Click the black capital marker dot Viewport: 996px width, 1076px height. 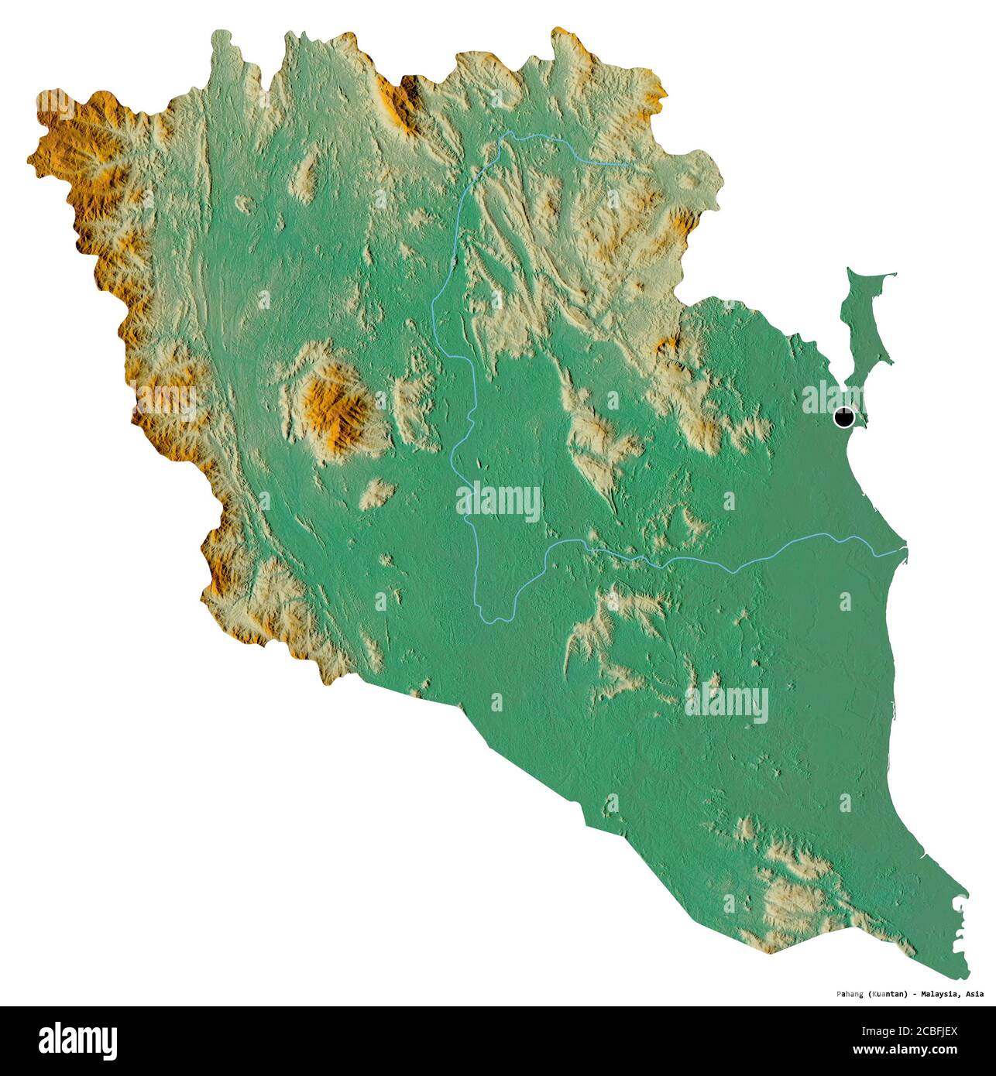click(x=843, y=418)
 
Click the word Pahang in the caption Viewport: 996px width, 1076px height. click(x=851, y=993)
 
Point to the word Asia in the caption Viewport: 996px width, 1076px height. click(x=975, y=993)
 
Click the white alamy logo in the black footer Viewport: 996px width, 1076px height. click(x=77, y=1041)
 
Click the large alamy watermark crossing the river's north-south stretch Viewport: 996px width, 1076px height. click(x=498, y=503)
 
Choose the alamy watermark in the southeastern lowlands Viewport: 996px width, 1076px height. click(x=726, y=704)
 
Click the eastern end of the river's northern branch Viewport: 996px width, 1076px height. click(x=629, y=165)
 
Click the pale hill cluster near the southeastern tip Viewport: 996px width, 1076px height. click(x=790, y=898)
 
